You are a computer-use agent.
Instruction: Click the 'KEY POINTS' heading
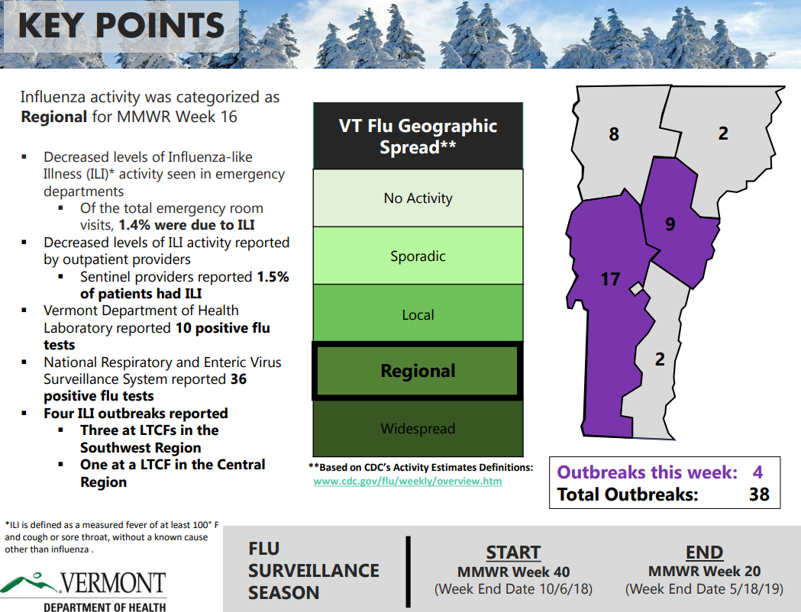point(121,25)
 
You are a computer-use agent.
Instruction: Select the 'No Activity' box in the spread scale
point(418,198)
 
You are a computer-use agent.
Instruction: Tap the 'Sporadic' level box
point(418,256)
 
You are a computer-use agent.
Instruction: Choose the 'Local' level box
point(418,314)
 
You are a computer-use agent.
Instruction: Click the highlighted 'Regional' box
point(418,371)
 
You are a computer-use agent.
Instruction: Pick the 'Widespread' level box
point(418,428)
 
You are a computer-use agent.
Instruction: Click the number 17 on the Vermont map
point(610,279)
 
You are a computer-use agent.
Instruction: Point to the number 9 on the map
point(670,224)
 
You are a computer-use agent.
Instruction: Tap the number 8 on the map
point(614,134)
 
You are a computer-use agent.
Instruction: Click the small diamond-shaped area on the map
point(637,289)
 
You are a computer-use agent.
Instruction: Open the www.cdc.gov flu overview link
point(408,481)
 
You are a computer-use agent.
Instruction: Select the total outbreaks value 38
point(759,494)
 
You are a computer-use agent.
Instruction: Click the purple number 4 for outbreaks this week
point(757,472)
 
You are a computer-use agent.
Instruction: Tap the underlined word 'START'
point(513,552)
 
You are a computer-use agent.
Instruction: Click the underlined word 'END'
point(704,552)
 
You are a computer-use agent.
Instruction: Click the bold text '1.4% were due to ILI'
point(186,225)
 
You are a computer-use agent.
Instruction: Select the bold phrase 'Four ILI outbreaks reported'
point(136,413)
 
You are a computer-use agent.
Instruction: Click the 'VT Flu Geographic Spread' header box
point(418,136)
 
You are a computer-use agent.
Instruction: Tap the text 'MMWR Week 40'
point(513,572)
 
